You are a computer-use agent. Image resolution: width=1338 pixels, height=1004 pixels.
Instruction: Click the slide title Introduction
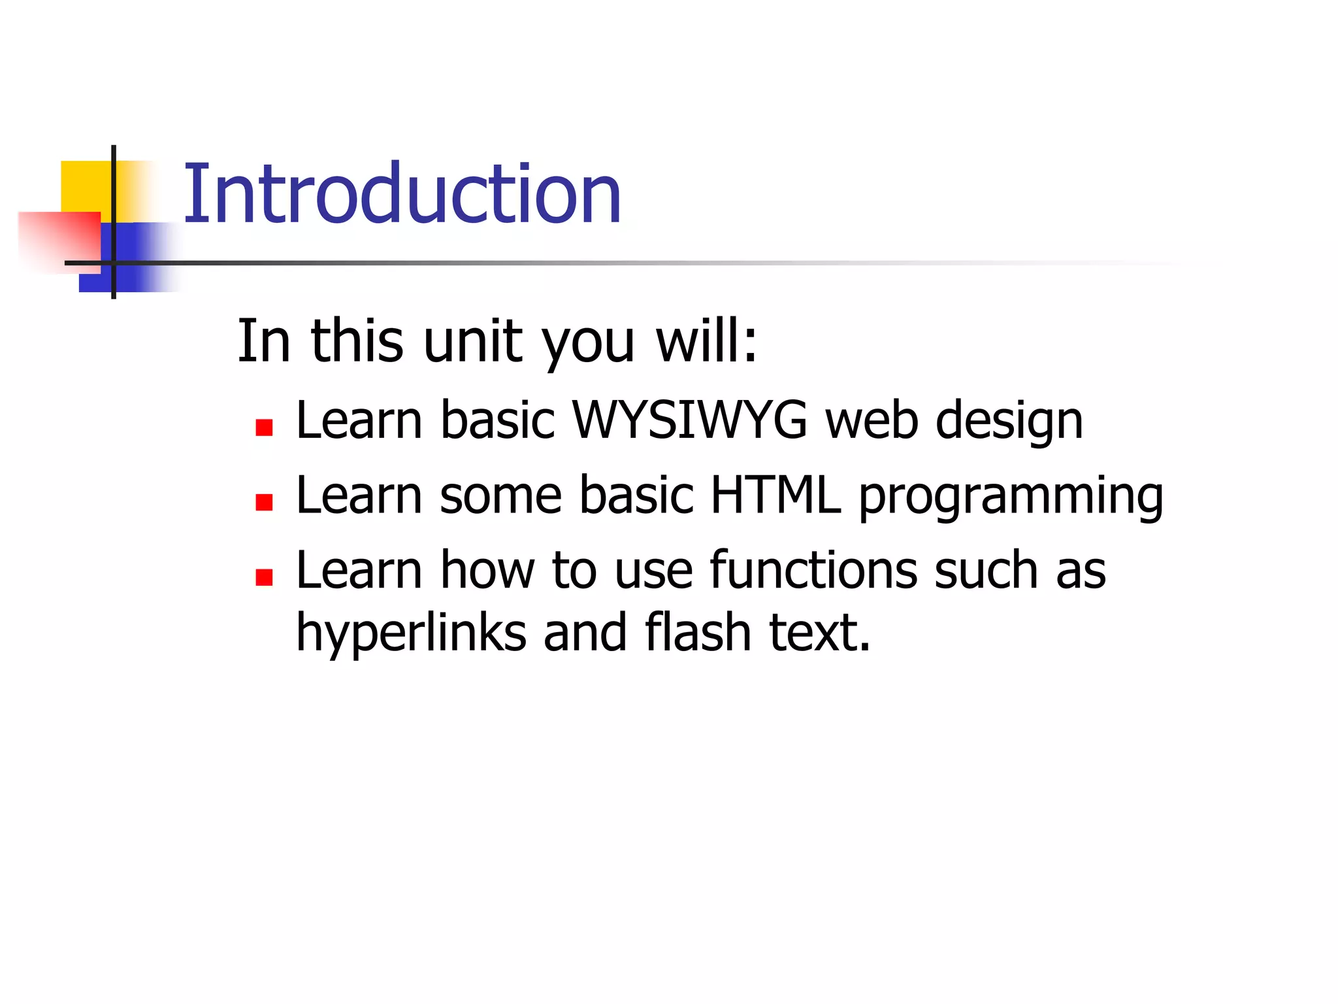tap(402, 194)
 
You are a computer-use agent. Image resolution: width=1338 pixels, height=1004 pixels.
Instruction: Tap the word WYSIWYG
tap(689, 420)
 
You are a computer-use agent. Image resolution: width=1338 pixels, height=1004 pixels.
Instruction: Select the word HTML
tap(775, 495)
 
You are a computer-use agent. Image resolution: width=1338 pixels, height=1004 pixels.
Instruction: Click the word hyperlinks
tap(411, 633)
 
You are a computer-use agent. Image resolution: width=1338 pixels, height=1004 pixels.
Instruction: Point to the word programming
tap(1011, 497)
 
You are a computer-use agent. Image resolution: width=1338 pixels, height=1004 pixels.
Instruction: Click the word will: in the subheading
tap(706, 341)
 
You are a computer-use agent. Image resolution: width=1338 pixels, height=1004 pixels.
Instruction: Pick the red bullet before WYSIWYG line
tap(264, 428)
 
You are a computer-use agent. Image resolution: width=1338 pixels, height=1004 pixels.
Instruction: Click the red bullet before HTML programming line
tap(264, 503)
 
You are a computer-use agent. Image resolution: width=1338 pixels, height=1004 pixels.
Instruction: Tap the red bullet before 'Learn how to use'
tap(264, 578)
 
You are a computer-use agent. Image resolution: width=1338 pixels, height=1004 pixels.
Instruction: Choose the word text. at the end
tap(820, 633)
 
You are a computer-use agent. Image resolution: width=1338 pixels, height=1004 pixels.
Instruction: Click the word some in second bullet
tap(500, 495)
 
